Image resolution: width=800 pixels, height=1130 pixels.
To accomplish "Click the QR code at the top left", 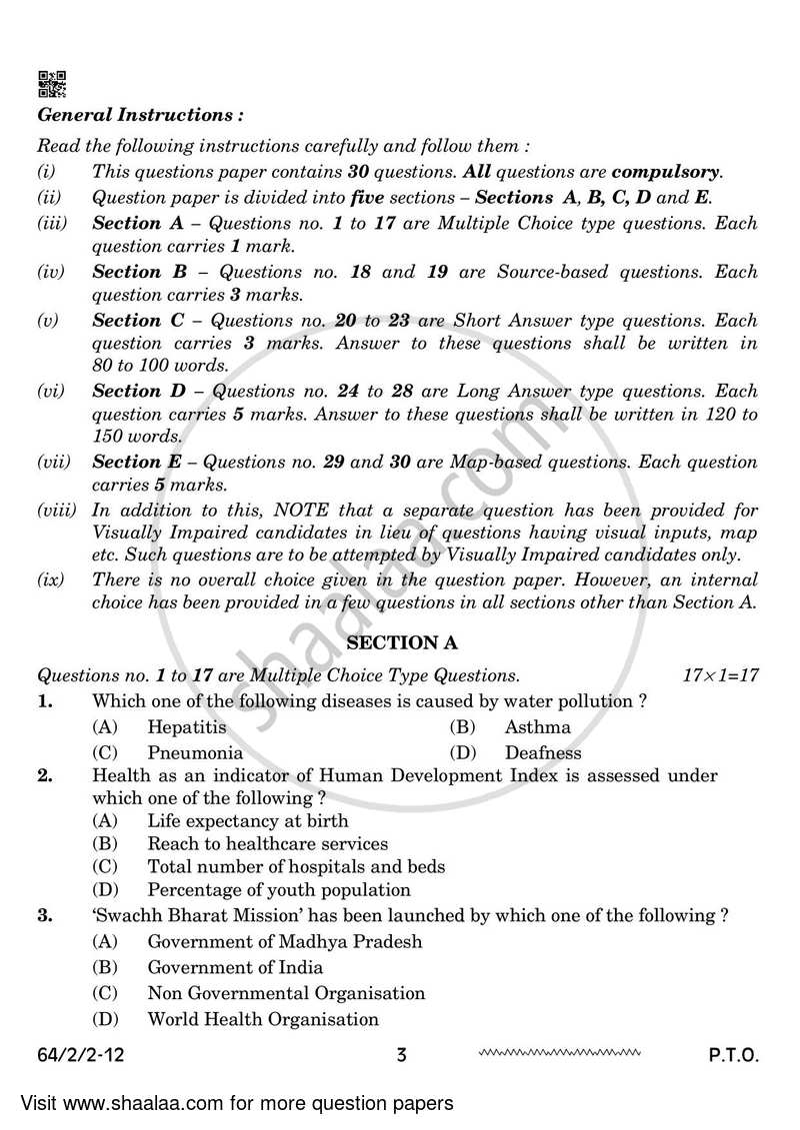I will tap(51, 83).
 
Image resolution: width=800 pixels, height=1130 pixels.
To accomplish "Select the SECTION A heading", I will tap(398, 643).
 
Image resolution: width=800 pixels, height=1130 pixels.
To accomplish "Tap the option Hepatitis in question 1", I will tap(186, 727).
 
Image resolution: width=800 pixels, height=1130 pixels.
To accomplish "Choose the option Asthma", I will tap(537, 727).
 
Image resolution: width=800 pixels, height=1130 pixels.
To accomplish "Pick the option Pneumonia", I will tap(195, 753).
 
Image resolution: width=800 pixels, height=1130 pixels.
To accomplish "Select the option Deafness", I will tap(542, 753).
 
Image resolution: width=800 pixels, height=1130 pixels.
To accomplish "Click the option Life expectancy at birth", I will tap(247, 821).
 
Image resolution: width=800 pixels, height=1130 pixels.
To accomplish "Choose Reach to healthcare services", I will tap(267, 844).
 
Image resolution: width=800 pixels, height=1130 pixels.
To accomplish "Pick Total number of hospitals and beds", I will tap(296, 867).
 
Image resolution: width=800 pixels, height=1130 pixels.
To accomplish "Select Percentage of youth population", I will tap(279, 890).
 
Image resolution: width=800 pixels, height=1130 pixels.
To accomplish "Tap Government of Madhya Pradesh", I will tap(284, 941).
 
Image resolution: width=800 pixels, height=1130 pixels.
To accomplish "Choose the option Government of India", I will tap(235, 967).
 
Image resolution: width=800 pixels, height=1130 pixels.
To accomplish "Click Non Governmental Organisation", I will tap(286, 993).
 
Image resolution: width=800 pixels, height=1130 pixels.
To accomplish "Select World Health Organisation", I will tap(263, 1019).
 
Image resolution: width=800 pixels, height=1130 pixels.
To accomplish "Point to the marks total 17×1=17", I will tap(720, 676).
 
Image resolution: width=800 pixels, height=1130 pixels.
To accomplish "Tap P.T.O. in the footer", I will tap(732, 1055).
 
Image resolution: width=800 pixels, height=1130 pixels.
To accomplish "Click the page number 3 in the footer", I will tap(401, 1055).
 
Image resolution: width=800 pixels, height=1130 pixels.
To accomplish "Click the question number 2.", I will tap(45, 775).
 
